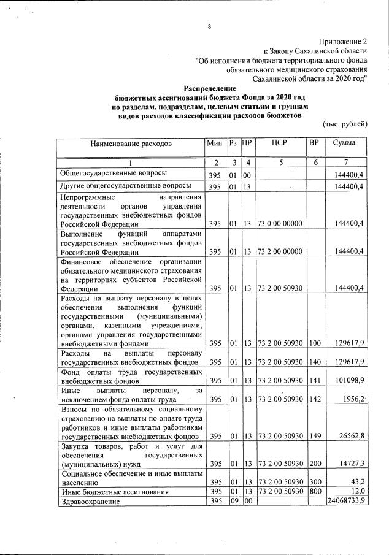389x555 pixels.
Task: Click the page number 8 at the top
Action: pos(209,26)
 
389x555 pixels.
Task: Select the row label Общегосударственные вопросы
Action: pos(114,174)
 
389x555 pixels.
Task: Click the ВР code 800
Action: pos(314,492)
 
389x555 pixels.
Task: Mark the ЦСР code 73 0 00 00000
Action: pos(279,224)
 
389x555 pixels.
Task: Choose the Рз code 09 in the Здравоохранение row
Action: pos(233,502)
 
